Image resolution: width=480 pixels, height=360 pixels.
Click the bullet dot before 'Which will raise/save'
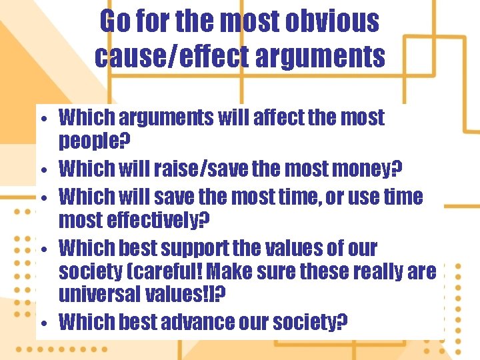click(x=42, y=171)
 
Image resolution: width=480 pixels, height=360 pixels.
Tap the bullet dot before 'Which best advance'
click(x=42, y=325)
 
